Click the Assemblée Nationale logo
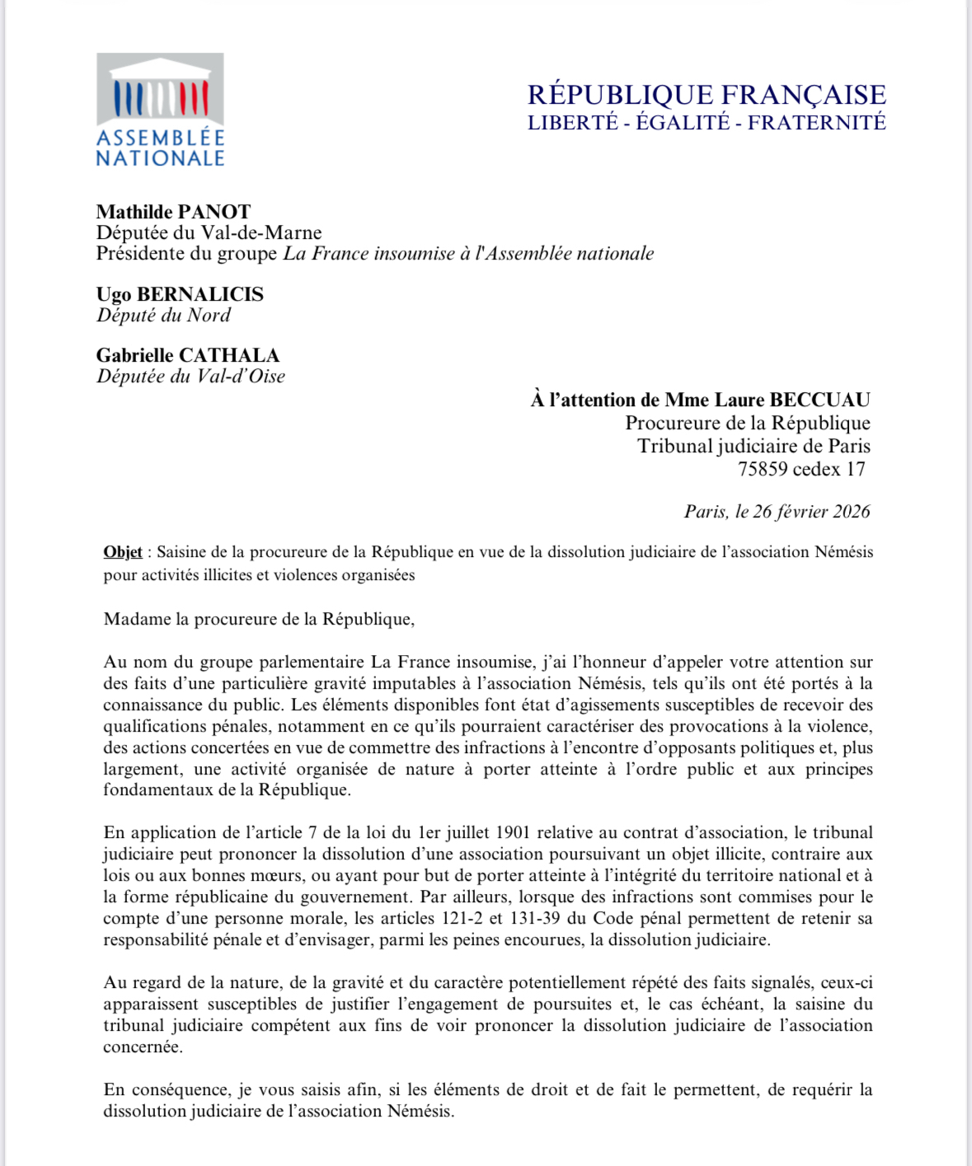click(x=160, y=110)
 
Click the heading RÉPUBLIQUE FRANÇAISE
click(x=707, y=95)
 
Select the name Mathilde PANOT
click(x=173, y=212)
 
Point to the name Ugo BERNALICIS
click(x=180, y=294)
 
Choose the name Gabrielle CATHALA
click(x=187, y=355)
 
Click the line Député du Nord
click(x=163, y=315)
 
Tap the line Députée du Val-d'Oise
click(x=190, y=377)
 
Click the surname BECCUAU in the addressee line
click(x=819, y=400)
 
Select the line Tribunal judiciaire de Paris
click(x=754, y=447)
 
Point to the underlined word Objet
click(x=122, y=552)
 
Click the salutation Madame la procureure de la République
click(x=259, y=620)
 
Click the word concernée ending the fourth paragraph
click(x=142, y=1047)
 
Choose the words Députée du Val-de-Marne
click(x=209, y=233)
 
